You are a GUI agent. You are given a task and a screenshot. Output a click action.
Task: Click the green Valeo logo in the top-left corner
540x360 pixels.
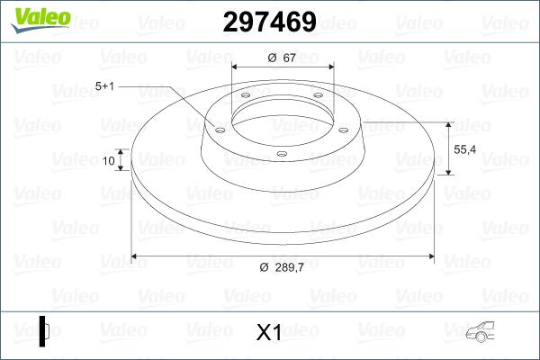(33, 19)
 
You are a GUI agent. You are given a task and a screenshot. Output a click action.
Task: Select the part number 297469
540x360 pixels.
(269, 22)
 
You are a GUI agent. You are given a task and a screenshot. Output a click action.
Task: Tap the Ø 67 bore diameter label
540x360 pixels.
(283, 58)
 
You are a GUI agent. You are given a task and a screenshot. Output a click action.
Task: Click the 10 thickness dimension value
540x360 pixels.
(109, 161)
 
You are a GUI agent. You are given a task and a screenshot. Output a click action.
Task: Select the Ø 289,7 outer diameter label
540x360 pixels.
(283, 267)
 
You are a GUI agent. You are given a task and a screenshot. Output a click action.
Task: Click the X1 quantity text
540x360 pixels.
(269, 333)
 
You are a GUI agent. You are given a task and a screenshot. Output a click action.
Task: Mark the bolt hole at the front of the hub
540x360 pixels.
(281, 154)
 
